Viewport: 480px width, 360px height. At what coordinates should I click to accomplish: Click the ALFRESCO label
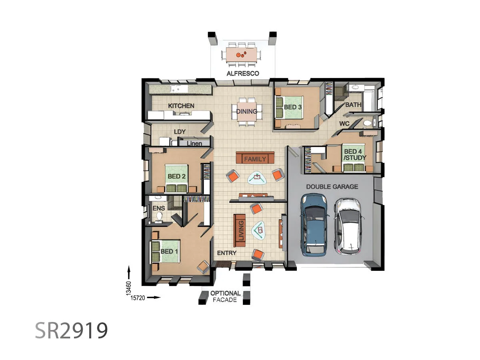pos(243,74)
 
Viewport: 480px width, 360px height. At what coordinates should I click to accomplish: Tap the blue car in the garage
pos(314,225)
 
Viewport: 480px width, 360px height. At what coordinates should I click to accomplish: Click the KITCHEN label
pos(181,106)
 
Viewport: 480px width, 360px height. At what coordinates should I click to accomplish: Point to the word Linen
pos(194,144)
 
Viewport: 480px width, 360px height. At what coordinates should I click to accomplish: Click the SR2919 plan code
pos(71,330)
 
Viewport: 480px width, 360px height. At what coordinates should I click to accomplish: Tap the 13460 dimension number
pos(129,288)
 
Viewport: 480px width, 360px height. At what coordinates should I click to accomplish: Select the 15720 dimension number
pos(138,298)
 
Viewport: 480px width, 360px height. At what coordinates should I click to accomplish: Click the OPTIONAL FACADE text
pos(225,296)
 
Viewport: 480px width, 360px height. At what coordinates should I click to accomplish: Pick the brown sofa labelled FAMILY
pos(255,158)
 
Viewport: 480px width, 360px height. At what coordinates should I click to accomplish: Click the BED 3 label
pos(292,107)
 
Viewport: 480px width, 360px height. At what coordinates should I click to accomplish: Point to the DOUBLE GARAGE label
pos(332,187)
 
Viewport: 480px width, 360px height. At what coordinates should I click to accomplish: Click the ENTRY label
pos(226,253)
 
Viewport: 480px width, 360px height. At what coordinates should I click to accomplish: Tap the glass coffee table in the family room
pos(257,178)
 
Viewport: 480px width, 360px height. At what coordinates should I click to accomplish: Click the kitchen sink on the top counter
pos(176,89)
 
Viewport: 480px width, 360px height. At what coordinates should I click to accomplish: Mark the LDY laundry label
pos(180,132)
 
